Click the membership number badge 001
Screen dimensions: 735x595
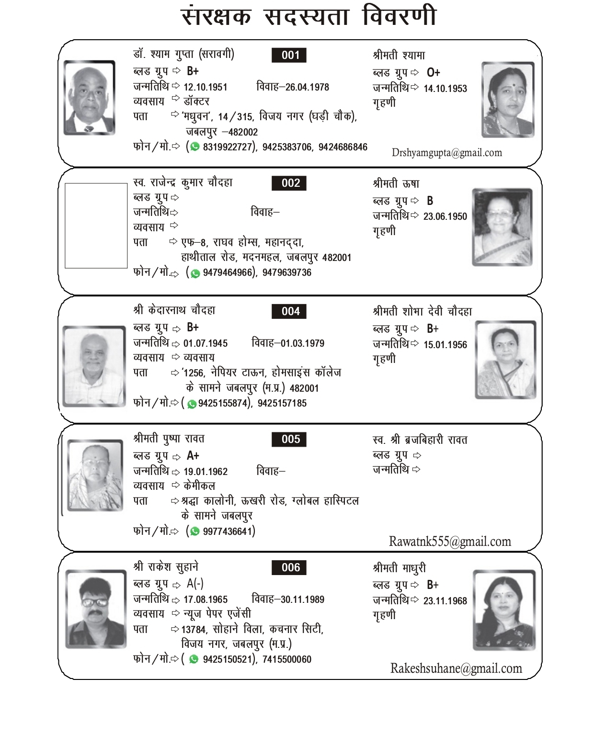tap(289, 55)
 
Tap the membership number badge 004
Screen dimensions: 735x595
tap(289, 311)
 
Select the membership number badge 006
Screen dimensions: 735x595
tap(289, 567)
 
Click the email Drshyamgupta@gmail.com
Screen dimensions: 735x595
tap(446, 153)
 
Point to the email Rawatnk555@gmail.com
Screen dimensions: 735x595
tap(450, 542)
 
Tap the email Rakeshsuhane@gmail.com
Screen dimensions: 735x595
tap(456, 668)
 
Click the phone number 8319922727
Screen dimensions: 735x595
tap(227, 147)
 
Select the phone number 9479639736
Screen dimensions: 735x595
tap(286, 272)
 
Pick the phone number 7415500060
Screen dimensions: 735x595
tap(286, 659)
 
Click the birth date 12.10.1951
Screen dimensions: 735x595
tap(205, 87)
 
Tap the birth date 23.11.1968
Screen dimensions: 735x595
tap(445, 601)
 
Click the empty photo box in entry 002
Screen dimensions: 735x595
tap(96, 225)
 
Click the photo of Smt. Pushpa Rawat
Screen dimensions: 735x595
tap(95, 475)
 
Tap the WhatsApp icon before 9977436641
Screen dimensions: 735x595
tap(195, 531)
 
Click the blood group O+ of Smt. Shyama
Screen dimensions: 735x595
tap(433, 72)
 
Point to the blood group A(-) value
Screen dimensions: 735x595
tap(195, 583)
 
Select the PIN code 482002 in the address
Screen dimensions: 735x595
tap(243, 132)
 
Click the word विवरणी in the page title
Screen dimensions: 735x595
tap(399, 16)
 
